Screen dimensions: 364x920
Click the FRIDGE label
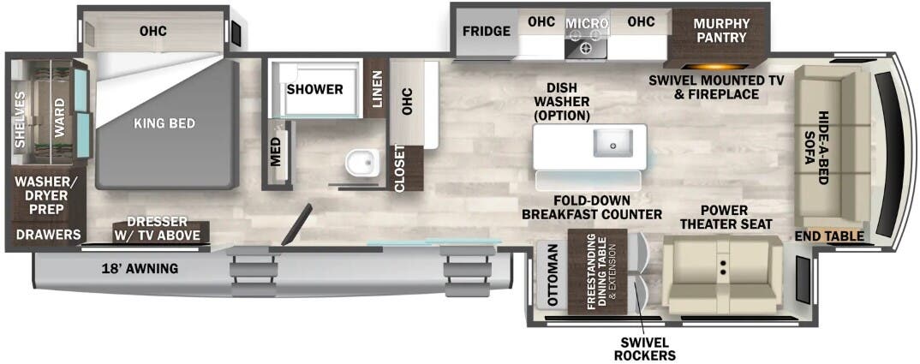pyautogui.click(x=487, y=32)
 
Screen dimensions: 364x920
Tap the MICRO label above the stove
pyautogui.click(x=587, y=23)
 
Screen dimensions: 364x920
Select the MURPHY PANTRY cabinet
pyautogui.click(x=721, y=30)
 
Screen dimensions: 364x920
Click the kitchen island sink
pyautogui.click(x=613, y=143)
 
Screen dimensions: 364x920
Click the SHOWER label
pyautogui.click(x=314, y=89)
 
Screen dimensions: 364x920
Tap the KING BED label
pyautogui.click(x=164, y=123)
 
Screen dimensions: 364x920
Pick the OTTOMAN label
pyautogui.click(x=552, y=276)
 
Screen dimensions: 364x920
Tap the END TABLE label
pyautogui.click(x=828, y=236)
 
